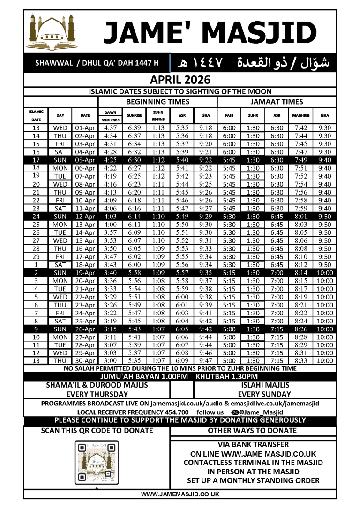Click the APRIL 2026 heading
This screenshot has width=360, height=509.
point(180,80)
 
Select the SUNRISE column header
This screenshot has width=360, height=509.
point(134,115)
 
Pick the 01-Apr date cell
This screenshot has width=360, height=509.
point(85,127)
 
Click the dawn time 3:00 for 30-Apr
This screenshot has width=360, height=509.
point(111,361)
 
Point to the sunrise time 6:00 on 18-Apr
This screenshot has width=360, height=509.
point(134,264)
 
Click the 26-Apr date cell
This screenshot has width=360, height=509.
point(85,329)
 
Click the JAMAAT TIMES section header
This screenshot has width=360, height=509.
point(277,101)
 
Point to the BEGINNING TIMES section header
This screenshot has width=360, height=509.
point(158,101)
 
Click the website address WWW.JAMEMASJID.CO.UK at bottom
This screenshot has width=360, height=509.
point(180,494)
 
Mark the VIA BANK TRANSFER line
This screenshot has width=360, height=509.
point(253,444)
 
